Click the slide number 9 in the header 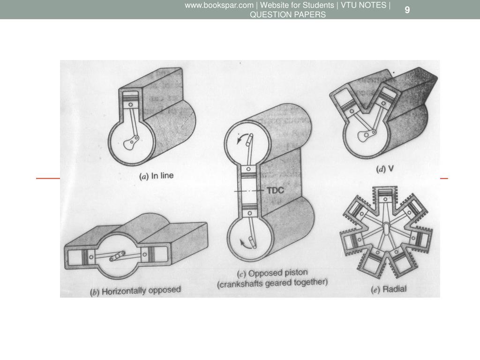[407, 10]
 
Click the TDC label [275, 190]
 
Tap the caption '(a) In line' [157, 176]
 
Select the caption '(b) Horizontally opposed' [135, 291]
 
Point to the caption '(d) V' [385, 169]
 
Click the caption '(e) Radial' [389, 289]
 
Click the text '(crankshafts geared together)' [272, 283]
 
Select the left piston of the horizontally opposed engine [88, 256]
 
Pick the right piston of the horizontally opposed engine [148, 255]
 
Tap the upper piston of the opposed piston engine [248, 172]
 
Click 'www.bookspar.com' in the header [219, 5]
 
